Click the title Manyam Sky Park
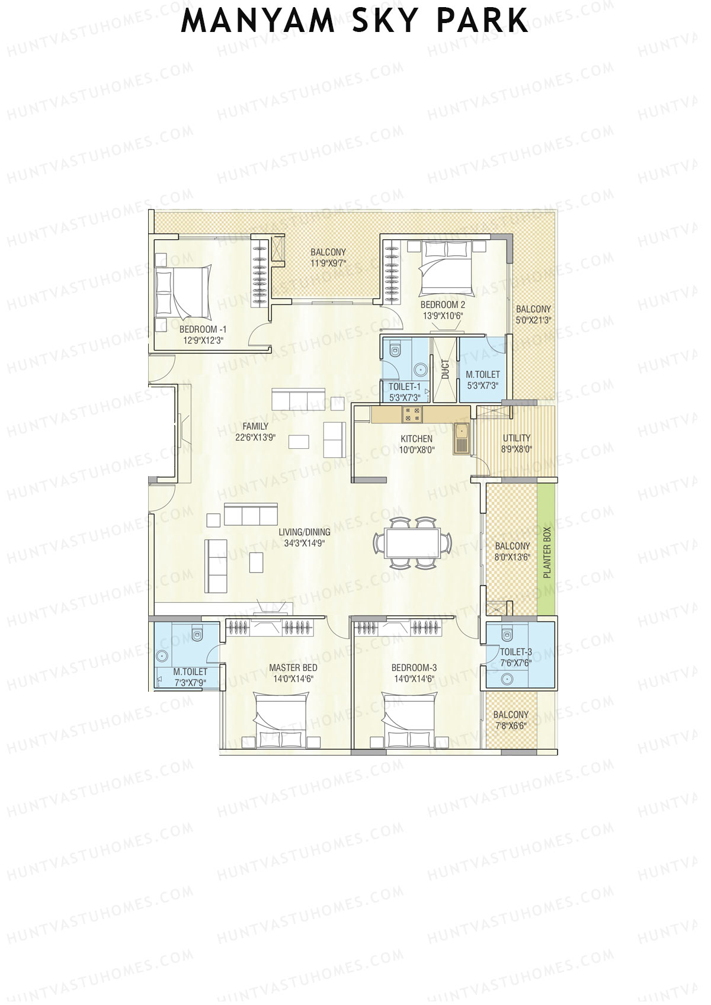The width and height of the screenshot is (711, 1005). pos(354,21)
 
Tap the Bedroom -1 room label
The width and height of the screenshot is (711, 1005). pos(203,329)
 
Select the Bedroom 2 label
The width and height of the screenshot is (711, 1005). pos(443,304)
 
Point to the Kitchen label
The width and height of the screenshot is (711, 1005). pos(417,439)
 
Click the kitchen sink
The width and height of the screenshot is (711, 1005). pos(462,438)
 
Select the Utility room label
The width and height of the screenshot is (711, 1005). pos(517,438)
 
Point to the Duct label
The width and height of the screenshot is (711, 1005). pos(445,370)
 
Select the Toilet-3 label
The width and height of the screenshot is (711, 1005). pos(515,652)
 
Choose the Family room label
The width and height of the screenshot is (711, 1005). pos(255,426)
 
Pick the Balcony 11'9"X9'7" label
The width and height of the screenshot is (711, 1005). pos(328,252)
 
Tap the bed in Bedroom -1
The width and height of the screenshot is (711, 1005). pos(182,290)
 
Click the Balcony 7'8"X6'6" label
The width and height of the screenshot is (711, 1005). pos(511,715)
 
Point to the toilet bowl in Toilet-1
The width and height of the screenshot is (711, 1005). pos(395,351)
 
